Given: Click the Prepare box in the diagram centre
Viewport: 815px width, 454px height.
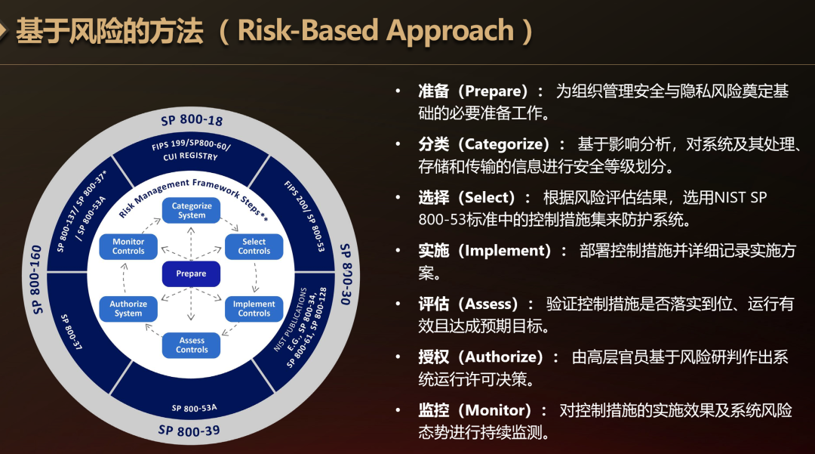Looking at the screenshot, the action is pos(191,273).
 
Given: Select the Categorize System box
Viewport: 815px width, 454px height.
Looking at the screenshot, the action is pos(191,211).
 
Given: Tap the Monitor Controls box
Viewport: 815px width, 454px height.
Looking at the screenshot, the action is pos(128,246).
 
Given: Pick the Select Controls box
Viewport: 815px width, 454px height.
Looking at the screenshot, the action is pos(254,246).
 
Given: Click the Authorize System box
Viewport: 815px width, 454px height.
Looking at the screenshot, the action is pos(128,309).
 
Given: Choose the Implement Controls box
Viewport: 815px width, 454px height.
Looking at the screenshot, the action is pos(254,309).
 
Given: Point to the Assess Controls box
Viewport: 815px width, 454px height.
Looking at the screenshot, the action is pos(191,345).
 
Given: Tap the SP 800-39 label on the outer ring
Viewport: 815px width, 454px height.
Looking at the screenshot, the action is pos(189,431).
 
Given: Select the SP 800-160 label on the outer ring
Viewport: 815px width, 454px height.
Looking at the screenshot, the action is pos(36,280).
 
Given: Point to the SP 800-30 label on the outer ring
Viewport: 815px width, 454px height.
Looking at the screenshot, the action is pos(346,274).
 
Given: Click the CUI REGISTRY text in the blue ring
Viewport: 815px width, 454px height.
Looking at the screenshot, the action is pos(190,156).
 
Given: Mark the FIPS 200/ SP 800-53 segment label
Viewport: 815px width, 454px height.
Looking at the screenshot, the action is pos(305,216).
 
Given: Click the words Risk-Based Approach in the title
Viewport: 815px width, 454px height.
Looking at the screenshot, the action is pos(376,30).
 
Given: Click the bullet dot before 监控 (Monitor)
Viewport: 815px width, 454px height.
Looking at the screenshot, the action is pos(398,410).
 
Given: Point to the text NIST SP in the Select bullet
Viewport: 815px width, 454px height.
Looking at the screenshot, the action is pos(741,198).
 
